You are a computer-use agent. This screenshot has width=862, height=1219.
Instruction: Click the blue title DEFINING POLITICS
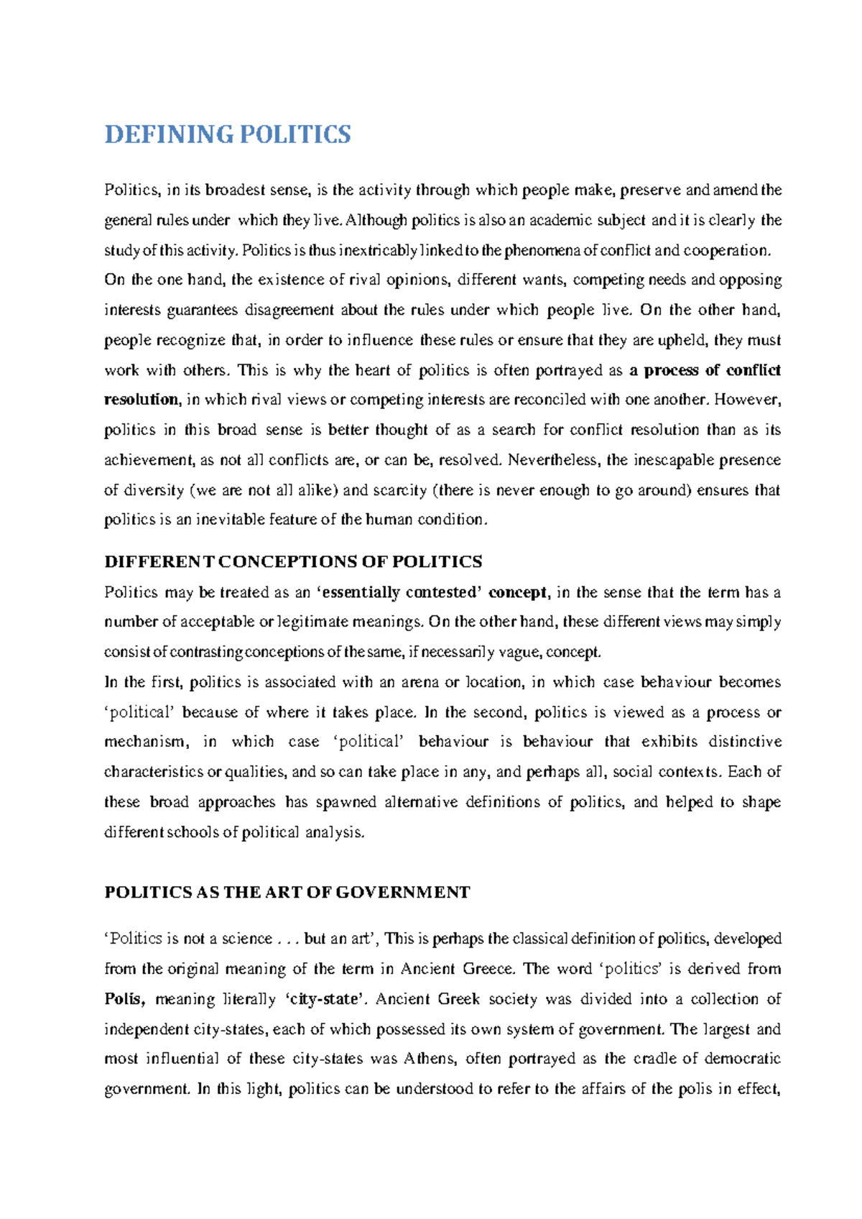228,134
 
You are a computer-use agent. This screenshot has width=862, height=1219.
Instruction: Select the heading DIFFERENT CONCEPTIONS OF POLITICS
293,561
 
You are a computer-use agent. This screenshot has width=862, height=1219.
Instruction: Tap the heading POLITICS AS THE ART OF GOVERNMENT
287,892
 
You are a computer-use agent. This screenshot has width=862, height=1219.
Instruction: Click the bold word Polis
125,999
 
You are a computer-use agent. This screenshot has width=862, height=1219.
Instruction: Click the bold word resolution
141,400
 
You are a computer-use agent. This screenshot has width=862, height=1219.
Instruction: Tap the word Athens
429,1059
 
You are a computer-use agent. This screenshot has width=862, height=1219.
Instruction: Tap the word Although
376,220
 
